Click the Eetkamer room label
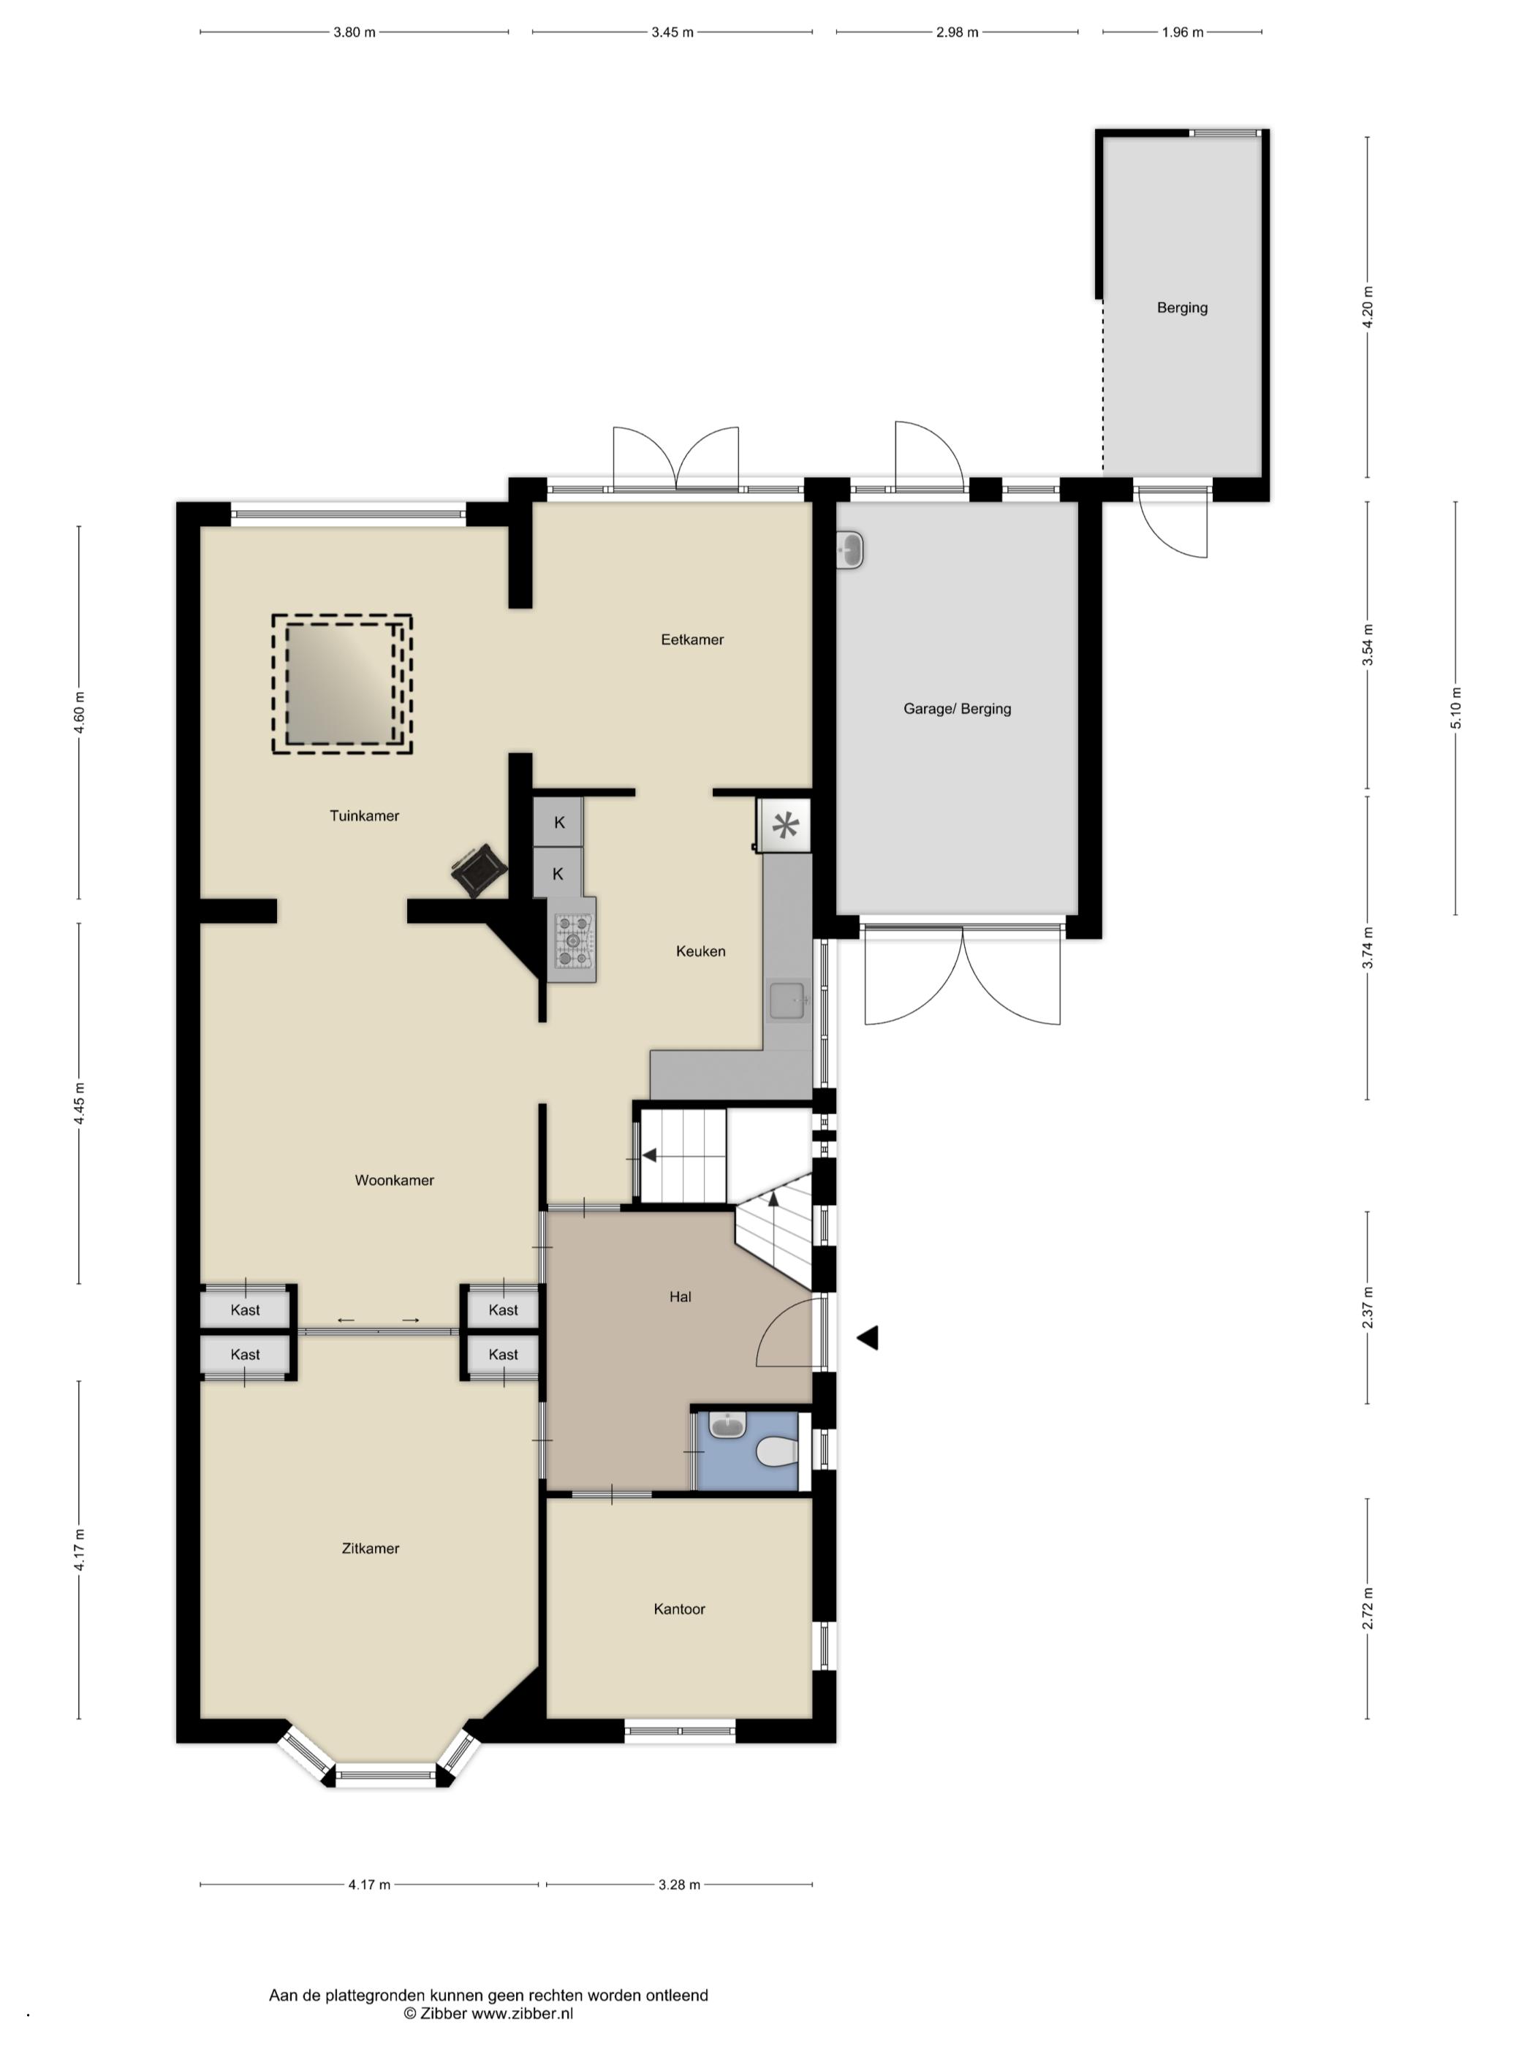(x=691, y=639)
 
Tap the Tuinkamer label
(x=363, y=815)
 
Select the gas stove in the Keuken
(x=573, y=940)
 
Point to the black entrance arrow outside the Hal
(x=867, y=1337)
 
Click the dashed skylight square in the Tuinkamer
(x=341, y=685)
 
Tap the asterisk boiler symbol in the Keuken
(x=784, y=825)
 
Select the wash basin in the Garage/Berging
(x=849, y=550)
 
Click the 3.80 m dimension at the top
(x=355, y=32)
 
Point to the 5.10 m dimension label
(x=1455, y=709)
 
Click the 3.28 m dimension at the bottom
(x=679, y=1884)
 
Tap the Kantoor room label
(x=679, y=1608)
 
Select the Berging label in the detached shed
(x=1181, y=308)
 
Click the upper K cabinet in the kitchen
(x=558, y=822)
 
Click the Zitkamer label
(x=370, y=1548)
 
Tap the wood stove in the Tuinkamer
(x=478, y=869)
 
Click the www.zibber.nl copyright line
(x=488, y=2012)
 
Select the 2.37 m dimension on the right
(x=1368, y=1307)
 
